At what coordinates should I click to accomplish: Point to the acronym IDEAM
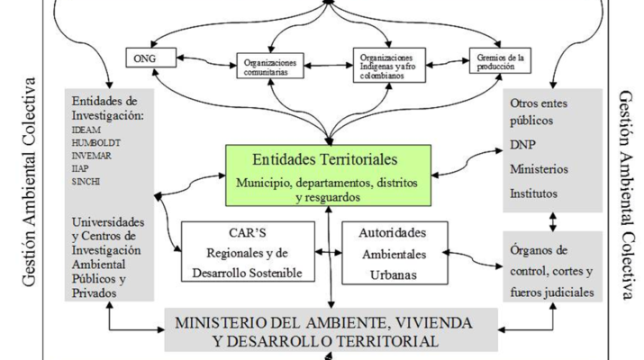pos(84,130)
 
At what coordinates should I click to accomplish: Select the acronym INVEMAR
pos(88,154)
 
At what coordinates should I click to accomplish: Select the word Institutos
pos(534,193)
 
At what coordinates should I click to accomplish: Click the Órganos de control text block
pos(550,270)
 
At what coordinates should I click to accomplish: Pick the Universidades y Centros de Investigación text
pos(106,256)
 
